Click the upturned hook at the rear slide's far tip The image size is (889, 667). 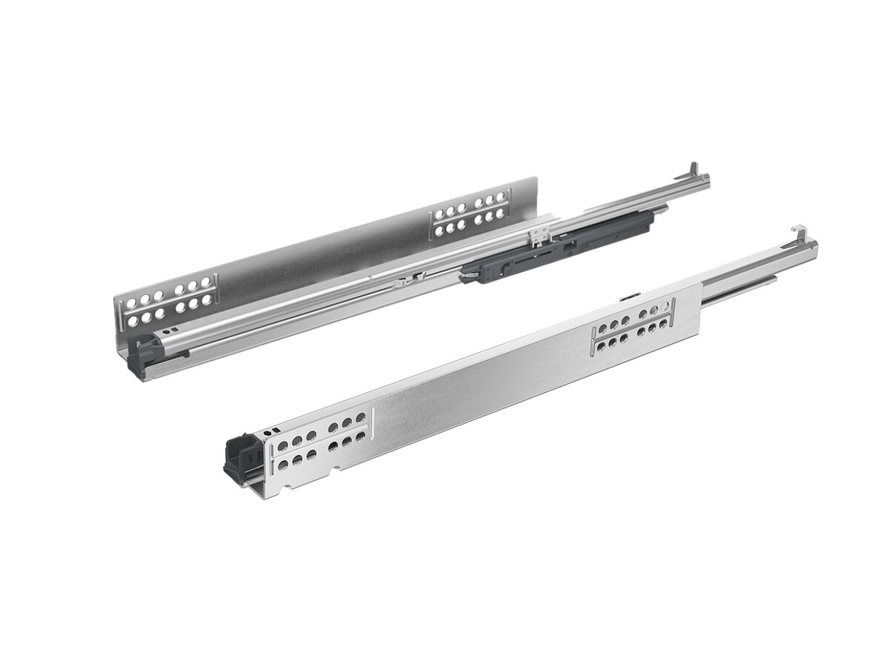coord(693,169)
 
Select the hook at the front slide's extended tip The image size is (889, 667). coord(799,232)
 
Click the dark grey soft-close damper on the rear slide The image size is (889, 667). coord(563,245)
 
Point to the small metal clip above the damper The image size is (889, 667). coord(539,235)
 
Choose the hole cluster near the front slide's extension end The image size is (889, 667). coord(633,327)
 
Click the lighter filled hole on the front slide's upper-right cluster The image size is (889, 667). coord(665,305)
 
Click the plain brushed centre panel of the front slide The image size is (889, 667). coord(482,385)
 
